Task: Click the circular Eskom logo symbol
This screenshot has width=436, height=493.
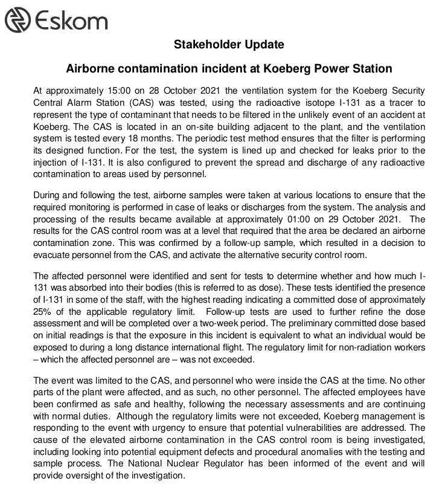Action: [17, 22]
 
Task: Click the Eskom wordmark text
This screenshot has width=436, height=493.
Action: [71, 22]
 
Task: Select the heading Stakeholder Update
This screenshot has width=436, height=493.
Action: [229, 45]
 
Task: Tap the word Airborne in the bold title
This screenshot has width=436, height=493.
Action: [89, 68]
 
